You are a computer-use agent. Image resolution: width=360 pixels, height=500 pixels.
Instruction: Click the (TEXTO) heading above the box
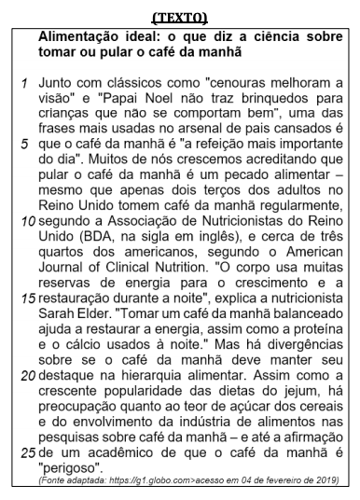[180, 17]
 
